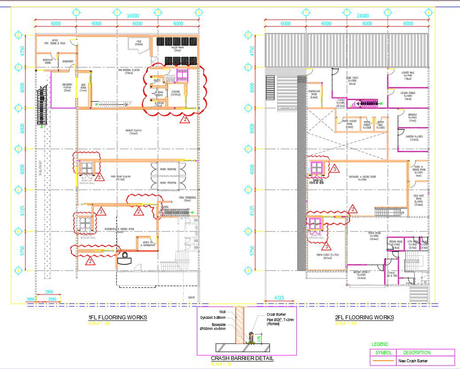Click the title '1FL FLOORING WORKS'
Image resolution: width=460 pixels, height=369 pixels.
[118, 318]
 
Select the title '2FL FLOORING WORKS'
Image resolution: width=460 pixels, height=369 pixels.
[365, 318]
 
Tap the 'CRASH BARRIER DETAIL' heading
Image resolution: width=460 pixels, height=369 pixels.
[242, 358]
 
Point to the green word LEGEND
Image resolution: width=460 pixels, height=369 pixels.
[379, 344]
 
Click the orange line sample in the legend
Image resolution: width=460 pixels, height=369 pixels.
[383, 361]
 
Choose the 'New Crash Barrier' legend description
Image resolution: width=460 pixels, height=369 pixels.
[413, 361]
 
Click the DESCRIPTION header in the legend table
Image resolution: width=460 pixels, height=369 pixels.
[417, 353]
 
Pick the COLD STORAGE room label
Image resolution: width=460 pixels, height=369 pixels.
[139, 43]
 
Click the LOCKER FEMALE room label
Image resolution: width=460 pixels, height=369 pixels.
[407, 94]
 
